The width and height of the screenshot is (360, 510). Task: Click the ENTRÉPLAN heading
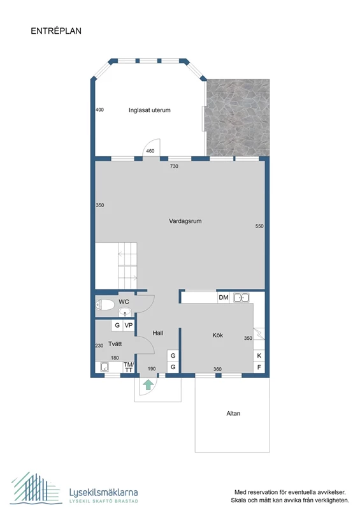coord(56,31)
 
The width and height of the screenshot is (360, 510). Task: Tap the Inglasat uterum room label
coord(150,110)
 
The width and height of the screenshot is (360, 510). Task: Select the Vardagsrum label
coord(185,221)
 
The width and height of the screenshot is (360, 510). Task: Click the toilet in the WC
coord(105,305)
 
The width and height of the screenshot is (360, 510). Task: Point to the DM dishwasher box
coord(224,297)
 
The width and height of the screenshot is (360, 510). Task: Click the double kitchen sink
coord(241,297)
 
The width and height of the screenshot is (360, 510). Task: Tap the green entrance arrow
coord(148,384)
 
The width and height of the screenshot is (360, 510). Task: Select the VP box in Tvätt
coord(129,325)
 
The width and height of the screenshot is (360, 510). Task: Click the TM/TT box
coord(129,368)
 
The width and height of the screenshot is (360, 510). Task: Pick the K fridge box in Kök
coord(259,356)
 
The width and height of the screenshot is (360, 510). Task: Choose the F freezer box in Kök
coord(259,368)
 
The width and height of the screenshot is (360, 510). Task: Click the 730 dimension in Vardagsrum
coord(174,166)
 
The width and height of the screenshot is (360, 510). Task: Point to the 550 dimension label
coord(259,226)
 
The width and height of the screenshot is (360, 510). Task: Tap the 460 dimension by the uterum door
coord(150,151)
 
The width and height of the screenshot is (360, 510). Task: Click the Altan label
coord(233,413)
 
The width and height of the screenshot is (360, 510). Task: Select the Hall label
coord(158,333)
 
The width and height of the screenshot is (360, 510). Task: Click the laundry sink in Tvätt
coord(104,367)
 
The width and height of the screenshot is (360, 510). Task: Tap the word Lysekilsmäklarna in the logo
coord(103,492)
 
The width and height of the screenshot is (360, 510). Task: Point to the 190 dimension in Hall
coord(152,369)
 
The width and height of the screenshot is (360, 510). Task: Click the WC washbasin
coord(124,312)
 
